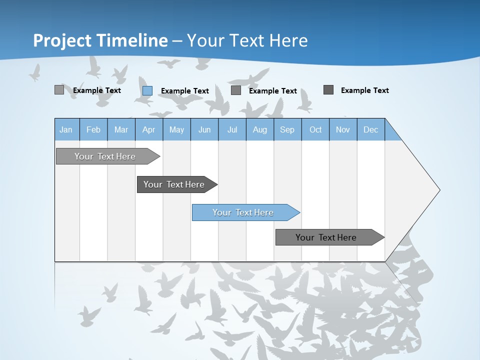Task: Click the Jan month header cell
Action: pyautogui.click(x=66, y=129)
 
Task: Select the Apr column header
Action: pyautogui.click(x=149, y=129)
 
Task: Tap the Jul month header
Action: pyautogui.click(x=232, y=129)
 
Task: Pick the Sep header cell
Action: pyautogui.click(x=287, y=129)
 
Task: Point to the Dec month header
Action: pyautogui.click(x=370, y=129)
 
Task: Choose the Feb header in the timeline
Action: pyautogui.click(x=93, y=129)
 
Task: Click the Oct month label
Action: pyautogui.click(x=315, y=129)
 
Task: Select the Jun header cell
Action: pyautogui.click(x=204, y=129)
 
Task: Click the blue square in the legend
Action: pyautogui.click(x=147, y=90)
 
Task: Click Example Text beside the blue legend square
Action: pyautogui.click(x=184, y=91)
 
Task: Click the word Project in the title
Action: pyautogui.click(x=62, y=40)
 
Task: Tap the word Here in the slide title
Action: pyautogui.click(x=288, y=40)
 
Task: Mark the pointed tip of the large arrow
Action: pyautogui.click(x=438, y=190)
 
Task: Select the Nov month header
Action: pyautogui.click(x=343, y=129)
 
